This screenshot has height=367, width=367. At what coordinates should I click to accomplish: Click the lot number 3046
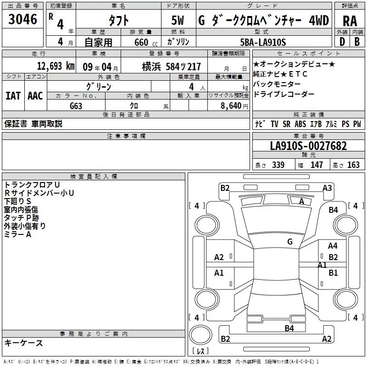pyautogui.click(x=22, y=19)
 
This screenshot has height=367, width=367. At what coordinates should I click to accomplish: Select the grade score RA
pyautogui.click(x=350, y=21)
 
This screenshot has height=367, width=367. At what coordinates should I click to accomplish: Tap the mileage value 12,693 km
pyautogui.click(x=56, y=66)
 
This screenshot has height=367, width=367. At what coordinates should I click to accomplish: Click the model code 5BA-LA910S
pyautogui.click(x=263, y=42)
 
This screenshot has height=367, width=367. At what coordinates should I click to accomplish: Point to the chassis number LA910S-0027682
pyautogui.click(x=308, y=146)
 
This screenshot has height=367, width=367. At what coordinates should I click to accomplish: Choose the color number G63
pyautogui.click(x=76, y=106)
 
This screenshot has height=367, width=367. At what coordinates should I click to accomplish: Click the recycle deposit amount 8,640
pyautogui.click(x=231, y=106)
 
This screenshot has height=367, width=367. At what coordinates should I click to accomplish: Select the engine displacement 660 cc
pyautogui.click(x=146, y=43)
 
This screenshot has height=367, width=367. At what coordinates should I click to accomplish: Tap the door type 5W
pyautogui.click(x=178, y=20)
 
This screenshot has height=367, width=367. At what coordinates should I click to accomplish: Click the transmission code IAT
pyautogui.click(x=13, y=96)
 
